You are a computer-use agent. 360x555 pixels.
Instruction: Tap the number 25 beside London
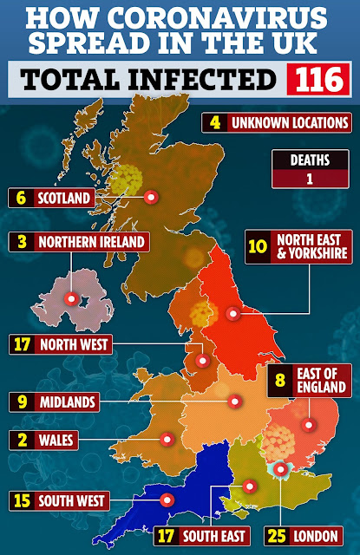coord(279,535)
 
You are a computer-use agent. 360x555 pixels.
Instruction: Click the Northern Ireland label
coord(89,241)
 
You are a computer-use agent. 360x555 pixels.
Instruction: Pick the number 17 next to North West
coord(23,344)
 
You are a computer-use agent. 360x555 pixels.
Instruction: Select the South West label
coord(72,500)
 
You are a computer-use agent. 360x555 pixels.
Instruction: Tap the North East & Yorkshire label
coord(312,245)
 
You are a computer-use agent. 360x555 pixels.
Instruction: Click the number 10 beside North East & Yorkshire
coord(258,245)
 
